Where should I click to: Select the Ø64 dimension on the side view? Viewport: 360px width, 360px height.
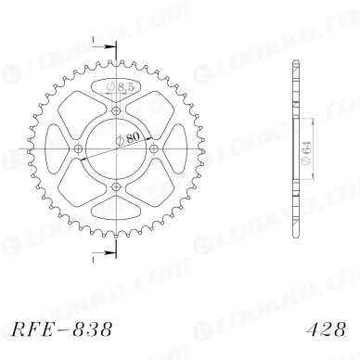(303, 148)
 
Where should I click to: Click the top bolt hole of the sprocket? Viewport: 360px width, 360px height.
(115, 110)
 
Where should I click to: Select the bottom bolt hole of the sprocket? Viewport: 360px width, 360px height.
(115, 189)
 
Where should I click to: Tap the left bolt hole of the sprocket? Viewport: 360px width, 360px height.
(76, 150)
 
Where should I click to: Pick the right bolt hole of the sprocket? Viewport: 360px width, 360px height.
(155, 150)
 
